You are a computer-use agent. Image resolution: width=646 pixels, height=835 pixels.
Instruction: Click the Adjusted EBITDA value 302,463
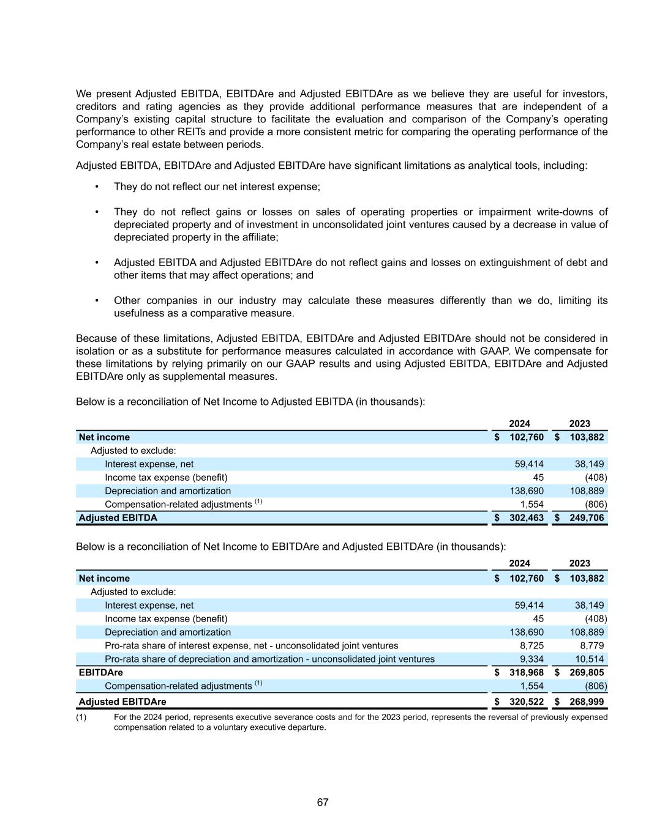(526, 518)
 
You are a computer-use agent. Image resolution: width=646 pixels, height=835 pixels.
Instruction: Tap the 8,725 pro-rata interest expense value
(531, 646)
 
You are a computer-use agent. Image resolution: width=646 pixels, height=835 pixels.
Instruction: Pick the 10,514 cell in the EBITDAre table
(591, 659)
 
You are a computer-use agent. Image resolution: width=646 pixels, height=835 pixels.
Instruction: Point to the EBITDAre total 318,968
(526, 673)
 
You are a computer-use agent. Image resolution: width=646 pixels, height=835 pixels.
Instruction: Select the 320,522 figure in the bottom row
(526, 702)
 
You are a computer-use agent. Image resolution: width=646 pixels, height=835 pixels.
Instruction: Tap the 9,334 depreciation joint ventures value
(531, 659)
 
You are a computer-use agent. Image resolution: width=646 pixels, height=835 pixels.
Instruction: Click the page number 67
(323, 803)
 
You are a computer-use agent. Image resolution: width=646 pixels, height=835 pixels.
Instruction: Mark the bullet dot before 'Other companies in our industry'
(97, 301)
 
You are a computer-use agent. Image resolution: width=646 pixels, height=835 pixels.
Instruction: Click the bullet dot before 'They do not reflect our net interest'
(97, 187)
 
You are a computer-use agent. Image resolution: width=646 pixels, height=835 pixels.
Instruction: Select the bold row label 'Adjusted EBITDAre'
(122, 702)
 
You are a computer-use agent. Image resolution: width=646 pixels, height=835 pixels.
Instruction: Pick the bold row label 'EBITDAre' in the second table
(101, 673)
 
